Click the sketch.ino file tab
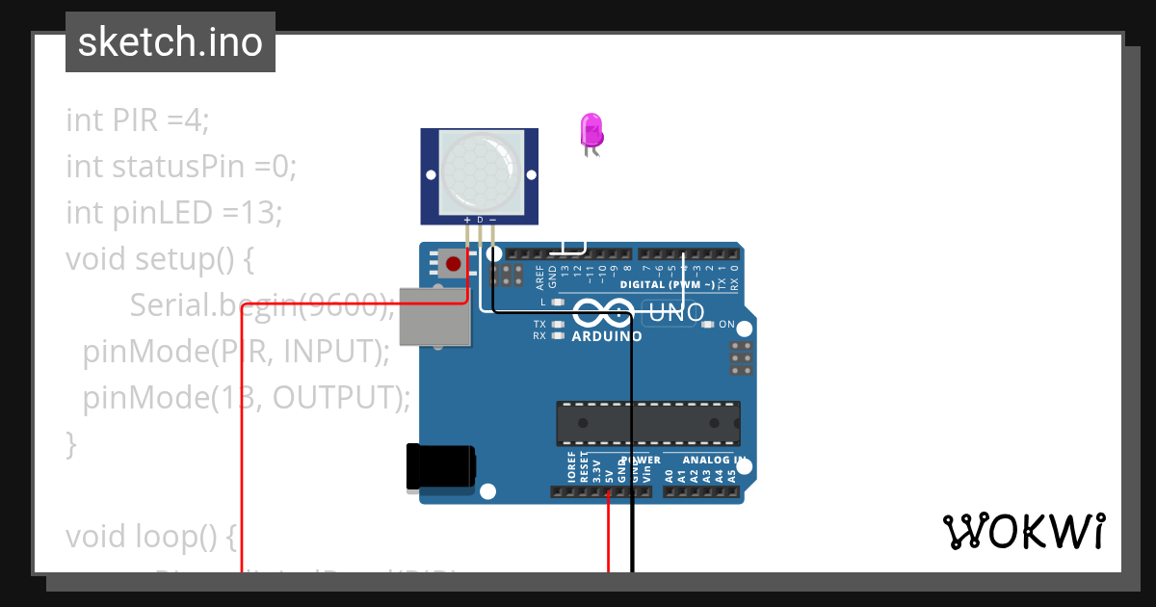click(170, 42)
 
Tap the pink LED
click(591, 130)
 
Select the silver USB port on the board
click(435, 316)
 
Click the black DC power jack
click(440, 467)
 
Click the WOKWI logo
click(1024, 531)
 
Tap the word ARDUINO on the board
click(607, 337)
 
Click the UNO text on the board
click(676, 312)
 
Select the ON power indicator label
click(727, 324)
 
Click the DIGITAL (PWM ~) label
click(667, 285)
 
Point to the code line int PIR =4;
click(137, 120)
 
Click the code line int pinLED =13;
click(173, 213)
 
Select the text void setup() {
click(158, 259)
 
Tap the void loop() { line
click(150, 537)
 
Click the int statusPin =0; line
click(181, 167)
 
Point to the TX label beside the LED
click(539, 324)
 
